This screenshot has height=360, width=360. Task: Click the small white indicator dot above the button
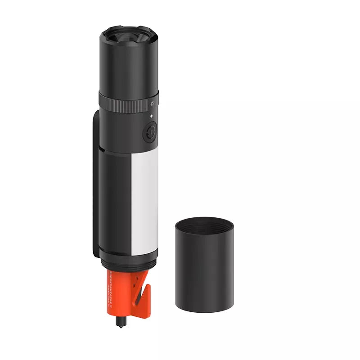pyautogui.click(x=152, y=116)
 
